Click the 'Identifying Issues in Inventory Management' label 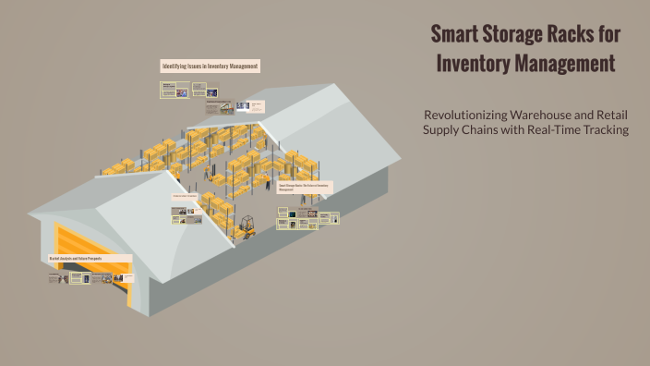tap(210, 67)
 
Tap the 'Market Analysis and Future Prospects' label tap(89, 257)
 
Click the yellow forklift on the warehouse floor tap(247, 225)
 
